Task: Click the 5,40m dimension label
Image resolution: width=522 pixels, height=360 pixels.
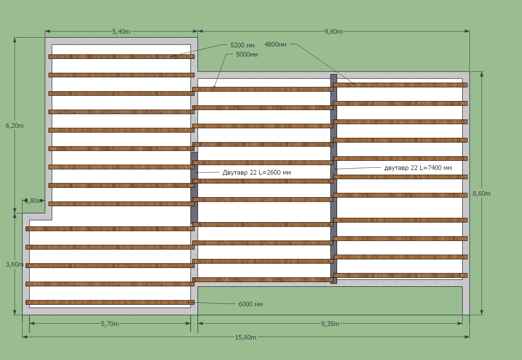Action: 121,32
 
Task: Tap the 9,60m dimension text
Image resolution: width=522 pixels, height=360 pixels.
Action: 333,32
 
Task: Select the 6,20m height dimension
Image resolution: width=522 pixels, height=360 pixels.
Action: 14,126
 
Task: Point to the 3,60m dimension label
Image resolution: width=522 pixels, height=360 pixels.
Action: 14,264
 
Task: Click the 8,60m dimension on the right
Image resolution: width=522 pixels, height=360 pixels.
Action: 482,193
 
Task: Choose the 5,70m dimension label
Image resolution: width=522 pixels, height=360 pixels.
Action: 110,324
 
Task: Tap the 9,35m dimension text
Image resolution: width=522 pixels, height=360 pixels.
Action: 330,324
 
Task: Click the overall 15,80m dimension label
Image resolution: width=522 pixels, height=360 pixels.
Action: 245,337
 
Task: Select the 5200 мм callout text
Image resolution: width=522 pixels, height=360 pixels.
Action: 242,45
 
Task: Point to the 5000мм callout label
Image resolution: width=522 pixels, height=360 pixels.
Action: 247,54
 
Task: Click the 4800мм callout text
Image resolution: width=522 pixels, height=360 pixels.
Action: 275,44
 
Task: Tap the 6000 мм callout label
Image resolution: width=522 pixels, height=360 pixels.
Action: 250,304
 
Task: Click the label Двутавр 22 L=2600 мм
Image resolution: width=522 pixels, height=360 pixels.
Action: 256,172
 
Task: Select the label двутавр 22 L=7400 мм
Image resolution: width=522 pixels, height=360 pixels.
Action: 418,168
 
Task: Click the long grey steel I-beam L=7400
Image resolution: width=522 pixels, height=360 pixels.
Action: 334,179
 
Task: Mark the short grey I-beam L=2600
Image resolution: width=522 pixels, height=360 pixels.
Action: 194,188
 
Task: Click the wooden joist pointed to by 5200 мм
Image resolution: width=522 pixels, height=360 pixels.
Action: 122,56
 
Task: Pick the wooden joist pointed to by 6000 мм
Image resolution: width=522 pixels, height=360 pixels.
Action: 110,302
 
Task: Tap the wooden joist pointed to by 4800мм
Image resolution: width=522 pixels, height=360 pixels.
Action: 400,85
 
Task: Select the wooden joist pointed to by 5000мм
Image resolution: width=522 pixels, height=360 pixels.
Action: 263,89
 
